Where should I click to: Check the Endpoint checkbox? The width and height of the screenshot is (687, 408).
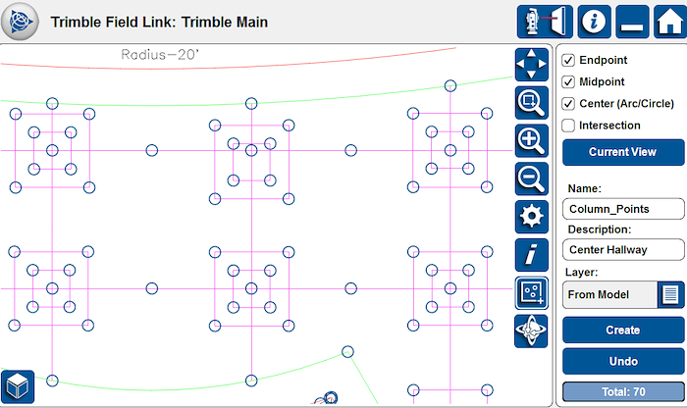568,60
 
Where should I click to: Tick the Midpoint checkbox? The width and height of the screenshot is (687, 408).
568,81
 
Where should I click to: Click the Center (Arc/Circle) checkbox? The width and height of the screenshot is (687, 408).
568,104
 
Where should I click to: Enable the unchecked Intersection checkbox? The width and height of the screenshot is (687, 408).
568,126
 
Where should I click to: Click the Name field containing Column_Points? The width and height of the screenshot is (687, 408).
623,209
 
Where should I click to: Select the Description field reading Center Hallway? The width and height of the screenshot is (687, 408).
623,249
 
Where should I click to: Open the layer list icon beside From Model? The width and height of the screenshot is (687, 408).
670,294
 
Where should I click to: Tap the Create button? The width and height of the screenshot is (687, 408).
623,331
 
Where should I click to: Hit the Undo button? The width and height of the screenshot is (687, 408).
623,361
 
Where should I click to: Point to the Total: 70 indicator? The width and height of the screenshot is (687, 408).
623,391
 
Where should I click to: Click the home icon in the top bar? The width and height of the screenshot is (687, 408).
670,22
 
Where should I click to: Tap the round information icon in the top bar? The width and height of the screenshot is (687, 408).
594,22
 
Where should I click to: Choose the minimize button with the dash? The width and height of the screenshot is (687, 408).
632,22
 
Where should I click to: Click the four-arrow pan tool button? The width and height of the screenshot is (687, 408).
532,65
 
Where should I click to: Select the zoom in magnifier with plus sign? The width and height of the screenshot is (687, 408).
532,141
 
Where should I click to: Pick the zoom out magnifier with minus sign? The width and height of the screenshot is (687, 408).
532,179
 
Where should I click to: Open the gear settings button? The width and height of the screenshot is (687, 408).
532,217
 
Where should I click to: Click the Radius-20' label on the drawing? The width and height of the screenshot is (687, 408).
160,55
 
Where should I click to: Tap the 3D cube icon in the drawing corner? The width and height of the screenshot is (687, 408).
18,387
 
